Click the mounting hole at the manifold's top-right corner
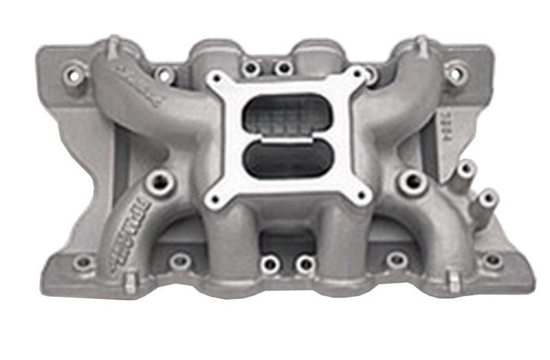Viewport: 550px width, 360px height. point(456,71)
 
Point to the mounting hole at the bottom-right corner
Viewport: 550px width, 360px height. point(492,260)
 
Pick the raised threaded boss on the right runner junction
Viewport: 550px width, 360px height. point(413,181)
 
